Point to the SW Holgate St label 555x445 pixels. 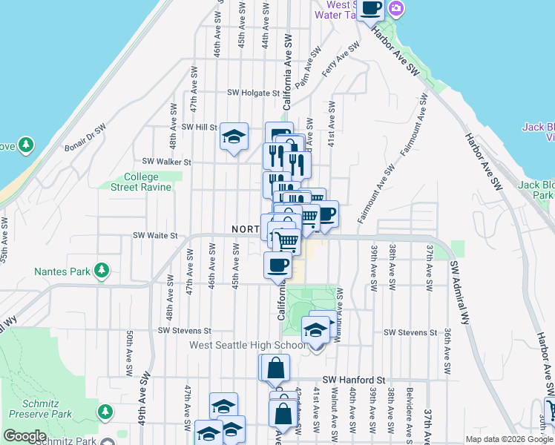coord(252,93)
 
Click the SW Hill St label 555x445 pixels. coord(196,127)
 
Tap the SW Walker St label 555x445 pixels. coord(167,161)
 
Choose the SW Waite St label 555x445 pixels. coord(156,235)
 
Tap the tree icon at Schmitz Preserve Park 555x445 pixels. coord(105,410)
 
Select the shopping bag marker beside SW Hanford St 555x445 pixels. coord(275,366)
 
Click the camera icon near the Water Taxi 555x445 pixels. coord(395,8)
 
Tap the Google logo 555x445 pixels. coord(24,436)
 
